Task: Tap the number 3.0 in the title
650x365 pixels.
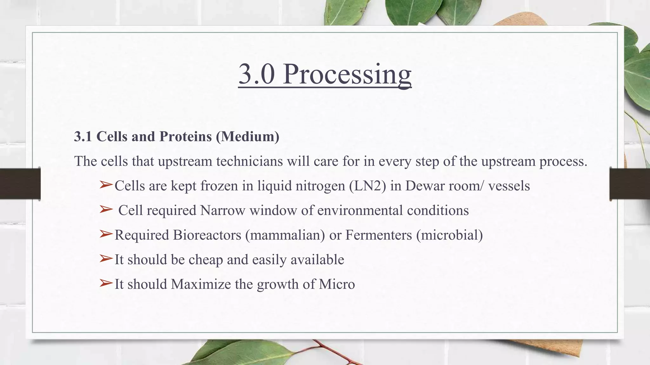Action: point(256,74)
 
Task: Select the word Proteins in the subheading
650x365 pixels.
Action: point(185,137)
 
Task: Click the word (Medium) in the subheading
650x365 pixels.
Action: point(248,137)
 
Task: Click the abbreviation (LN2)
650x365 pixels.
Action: point(368,186)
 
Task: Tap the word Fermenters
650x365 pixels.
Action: point(378,235)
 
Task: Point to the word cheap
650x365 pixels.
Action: point(205,260)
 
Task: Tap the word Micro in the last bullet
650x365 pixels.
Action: point(337,284)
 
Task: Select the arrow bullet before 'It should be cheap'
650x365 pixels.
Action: point(106,259)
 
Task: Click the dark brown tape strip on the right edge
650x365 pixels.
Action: point(630,184)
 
